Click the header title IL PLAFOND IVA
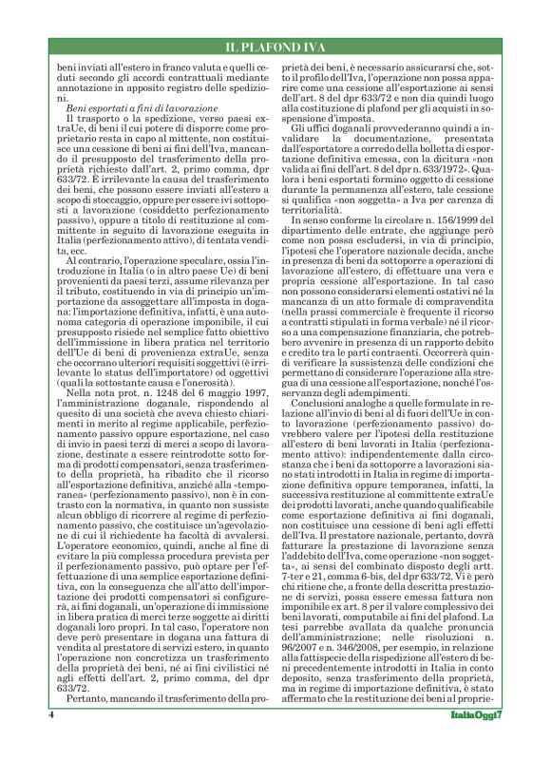tap(275, 47)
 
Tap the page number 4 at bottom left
tap(48, 742)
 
